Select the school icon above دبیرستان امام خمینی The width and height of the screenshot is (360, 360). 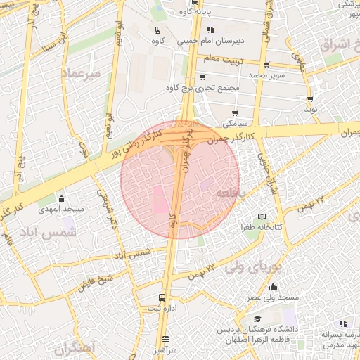(209, 30)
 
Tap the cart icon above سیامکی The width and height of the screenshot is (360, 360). (234, 112)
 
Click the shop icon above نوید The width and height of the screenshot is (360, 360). (310, 99)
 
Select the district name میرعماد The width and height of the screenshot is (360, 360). (82, 72)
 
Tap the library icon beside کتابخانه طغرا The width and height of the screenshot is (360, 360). (263, 216)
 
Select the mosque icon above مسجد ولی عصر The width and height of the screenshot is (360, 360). (273, 286)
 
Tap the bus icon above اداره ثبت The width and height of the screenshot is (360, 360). (162, 297)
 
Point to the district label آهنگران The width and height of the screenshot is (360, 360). (73, 347)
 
